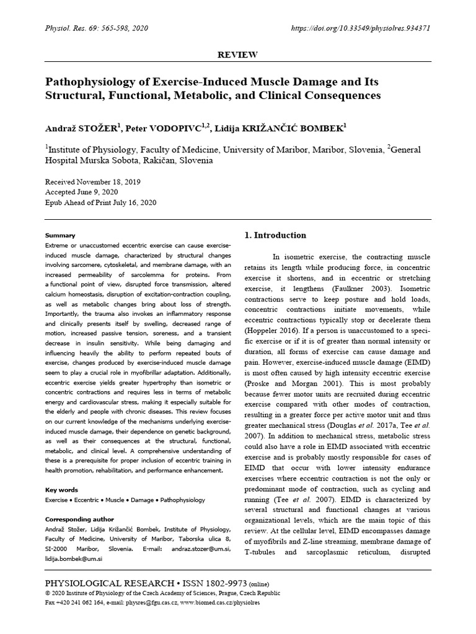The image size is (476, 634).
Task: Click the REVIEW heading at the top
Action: (x=238, y=55)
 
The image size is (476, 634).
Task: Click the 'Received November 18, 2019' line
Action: (x=93, y=183)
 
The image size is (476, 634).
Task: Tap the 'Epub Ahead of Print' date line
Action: (x=101, y=202)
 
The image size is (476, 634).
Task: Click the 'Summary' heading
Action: (x=61, y=235)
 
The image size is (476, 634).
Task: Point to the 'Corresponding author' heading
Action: (x=80, y=519)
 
